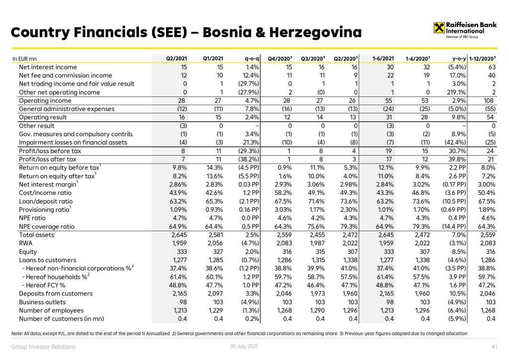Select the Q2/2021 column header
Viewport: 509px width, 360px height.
pyautogui.click(x=176, y=59)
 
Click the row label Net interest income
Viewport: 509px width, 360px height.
pyautogui.click(x=48, y=67)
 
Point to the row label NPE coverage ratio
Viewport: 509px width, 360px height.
pyautogui.click(x=47, y=226)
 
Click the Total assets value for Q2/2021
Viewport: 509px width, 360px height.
pyautogui.click(x=178, y=235)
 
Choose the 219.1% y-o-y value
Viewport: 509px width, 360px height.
pyautogui.click(x=456, y=92)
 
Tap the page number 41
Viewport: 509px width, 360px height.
pyautogui.click(x=493, y=347)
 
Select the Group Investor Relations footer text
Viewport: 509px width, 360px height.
pyautogui.click(x=43, y=347)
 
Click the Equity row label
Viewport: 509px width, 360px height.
pyautogui.click(x=28, y=252)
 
